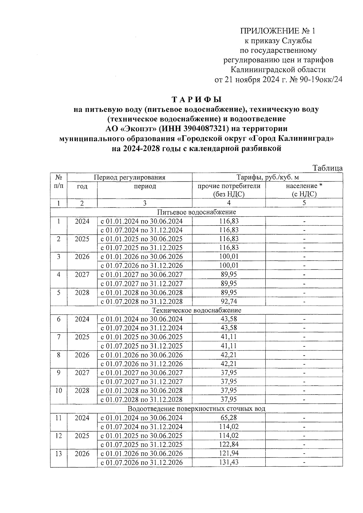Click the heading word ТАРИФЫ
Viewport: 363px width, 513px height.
coord(197,99)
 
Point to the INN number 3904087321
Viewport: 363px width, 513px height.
coord(198,128)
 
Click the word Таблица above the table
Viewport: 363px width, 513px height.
coord(328,168)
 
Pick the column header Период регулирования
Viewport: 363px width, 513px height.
coord(129,178)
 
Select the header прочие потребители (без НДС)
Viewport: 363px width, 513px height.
coord(229,190)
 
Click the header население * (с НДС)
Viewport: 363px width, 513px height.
coord(304,190)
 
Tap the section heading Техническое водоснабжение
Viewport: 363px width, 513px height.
coord(197,310)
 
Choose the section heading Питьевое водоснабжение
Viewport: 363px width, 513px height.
coord(197,212)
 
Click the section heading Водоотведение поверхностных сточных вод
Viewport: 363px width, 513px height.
coord(197,408)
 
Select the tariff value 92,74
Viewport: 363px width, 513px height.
coord(229,301)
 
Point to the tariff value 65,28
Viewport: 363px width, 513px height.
coord(229,418)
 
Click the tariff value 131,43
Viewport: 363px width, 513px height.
coord(229,462)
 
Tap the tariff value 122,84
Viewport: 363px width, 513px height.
coord(229,445)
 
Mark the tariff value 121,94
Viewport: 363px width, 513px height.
coord(229,453)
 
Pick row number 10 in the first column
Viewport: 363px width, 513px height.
coord(59,391)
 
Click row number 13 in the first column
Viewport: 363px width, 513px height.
coord(59,454)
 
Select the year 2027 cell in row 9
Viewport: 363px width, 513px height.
coord(82,373)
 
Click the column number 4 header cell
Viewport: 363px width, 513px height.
coord(229,203)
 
